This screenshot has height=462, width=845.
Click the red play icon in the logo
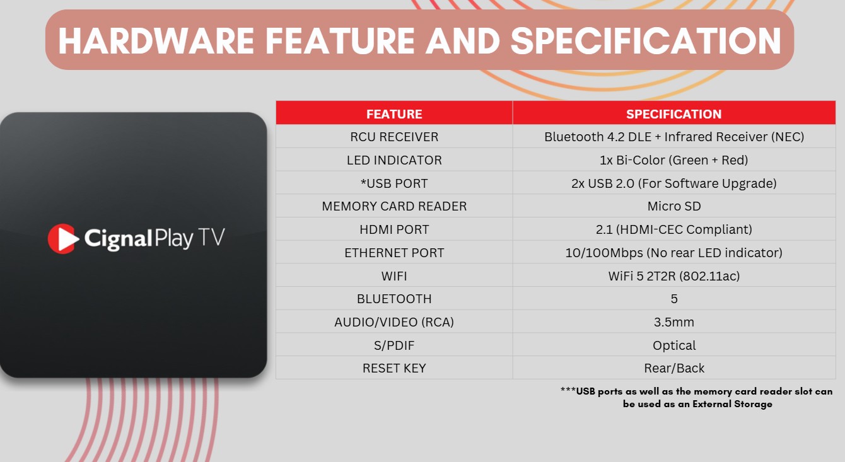pos(63,239)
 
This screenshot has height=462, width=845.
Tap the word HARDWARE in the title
pos(156,41)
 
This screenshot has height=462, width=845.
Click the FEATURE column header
pos(394,114)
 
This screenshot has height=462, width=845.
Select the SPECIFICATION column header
pos(673,114)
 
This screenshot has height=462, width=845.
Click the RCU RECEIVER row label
pos(394,137)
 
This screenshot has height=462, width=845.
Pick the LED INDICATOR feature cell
pos(394,160)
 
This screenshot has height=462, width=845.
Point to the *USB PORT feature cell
pos(394,183)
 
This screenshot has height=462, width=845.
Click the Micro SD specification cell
pos(674,206)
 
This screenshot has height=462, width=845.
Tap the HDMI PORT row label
pos(394,229)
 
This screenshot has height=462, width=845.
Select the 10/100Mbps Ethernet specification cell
pos(673,253)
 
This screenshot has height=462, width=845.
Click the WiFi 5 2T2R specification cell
pos(673,276)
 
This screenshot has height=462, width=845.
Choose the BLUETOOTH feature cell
pos(394,299)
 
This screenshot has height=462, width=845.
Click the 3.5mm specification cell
pos(673,322)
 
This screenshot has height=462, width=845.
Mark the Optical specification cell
pos(674,345)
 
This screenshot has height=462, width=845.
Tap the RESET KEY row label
pos(394,368)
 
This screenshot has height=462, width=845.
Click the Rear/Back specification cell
pos(674,368)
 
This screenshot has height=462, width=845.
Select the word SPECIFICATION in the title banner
pos(646,41)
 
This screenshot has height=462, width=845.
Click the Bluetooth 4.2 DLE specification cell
pos(673,137)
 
